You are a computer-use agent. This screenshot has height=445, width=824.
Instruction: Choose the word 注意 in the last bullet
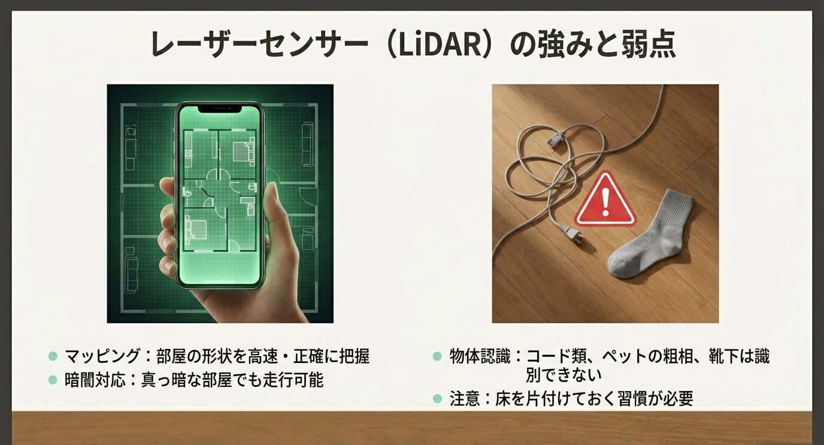465,399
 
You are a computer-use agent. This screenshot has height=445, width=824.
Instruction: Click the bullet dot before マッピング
53,356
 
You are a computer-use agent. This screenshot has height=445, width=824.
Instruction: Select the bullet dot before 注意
437,399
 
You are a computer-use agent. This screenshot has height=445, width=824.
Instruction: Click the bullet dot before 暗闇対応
53,380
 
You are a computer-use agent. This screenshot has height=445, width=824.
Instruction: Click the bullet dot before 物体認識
437,357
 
